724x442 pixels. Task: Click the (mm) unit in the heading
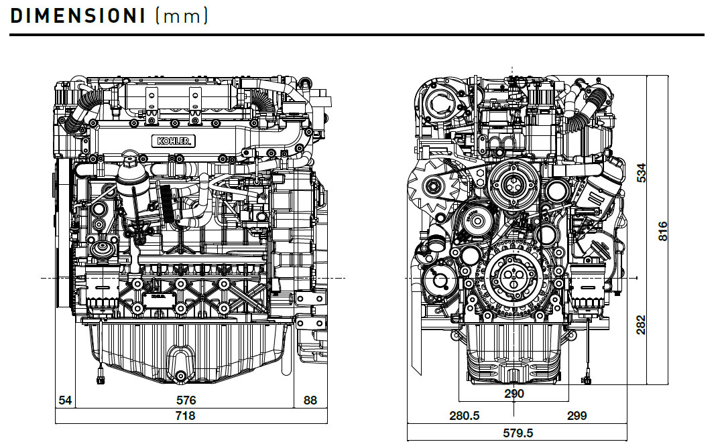[181, 16]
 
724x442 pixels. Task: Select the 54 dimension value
[65, 400]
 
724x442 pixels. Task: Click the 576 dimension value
[186, 400]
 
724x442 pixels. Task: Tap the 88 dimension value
[310, 400]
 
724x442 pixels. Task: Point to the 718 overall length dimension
[185, 416]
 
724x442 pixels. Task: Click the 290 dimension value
[514, 394]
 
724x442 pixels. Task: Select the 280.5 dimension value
[464, 416]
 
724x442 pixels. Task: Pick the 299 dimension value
[576, 416]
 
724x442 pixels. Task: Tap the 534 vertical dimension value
[642, 172]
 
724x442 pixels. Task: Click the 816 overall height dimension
[663, 231]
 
